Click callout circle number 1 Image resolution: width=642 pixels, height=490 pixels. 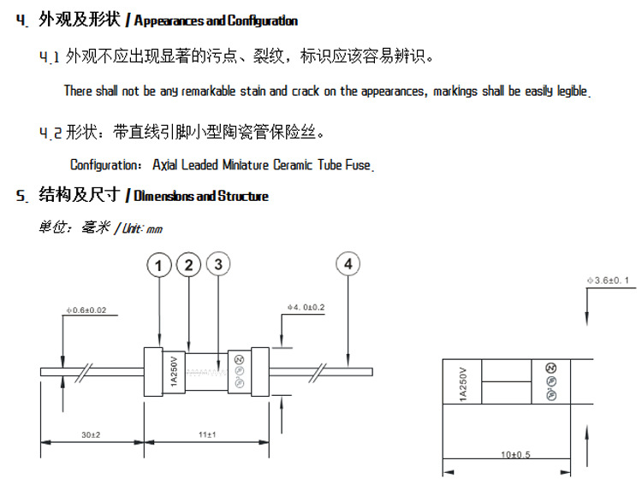[x=158, y=265]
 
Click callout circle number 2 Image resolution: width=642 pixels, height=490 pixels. [x=188, y=265]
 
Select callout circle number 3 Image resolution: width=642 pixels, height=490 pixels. [x=218, y=265]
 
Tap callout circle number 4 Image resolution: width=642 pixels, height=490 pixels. [x=348, y=265]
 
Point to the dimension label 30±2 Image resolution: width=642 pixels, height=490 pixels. [x=91, y=435]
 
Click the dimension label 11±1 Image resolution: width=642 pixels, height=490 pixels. [x=206, y=435]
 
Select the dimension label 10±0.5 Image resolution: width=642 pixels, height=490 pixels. [x=515, y=454]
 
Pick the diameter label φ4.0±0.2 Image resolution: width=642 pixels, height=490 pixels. [x=307, y=306]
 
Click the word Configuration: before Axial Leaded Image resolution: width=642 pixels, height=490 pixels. [x=107, y=164]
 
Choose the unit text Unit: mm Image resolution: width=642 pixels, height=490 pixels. [x=142, y=229]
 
